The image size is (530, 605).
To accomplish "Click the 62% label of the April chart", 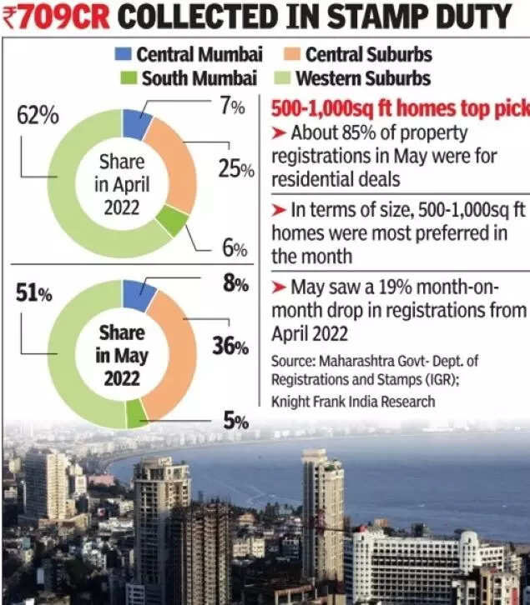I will click(x=38, y=116).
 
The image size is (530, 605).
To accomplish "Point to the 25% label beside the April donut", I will click(x=235, y=169).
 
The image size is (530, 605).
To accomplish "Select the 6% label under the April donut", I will click(x=235, y=249).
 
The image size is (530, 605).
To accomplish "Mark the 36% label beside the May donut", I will click(x=230, y=344).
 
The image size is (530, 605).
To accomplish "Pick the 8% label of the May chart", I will click(x=235, y=283).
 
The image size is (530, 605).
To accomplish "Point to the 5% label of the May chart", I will click(x=235, y=421).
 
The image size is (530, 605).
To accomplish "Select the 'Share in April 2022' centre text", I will click(x=122, y=183).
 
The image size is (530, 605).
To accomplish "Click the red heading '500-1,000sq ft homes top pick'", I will click(x=399, y=110).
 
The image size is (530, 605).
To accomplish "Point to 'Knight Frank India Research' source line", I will click(x=353, y=401).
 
